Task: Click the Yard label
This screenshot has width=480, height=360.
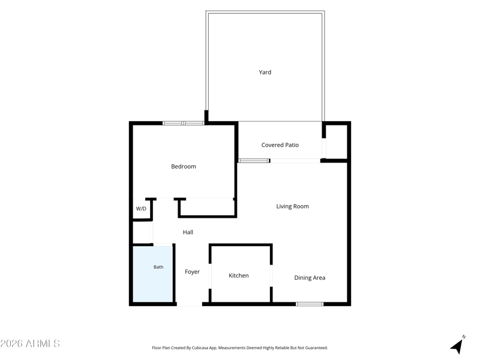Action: point(265,72)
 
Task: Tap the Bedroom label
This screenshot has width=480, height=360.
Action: point(184,167)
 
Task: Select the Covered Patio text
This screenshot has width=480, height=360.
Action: point(280,145)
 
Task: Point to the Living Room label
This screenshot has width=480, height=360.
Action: point(292,206)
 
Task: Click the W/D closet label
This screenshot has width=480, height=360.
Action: point(141,209)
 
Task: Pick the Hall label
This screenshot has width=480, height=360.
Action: point(188,232)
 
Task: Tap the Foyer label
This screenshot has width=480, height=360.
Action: point(192,272)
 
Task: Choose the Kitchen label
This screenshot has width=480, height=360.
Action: point(238,275)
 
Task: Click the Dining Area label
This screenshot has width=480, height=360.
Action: point(310,278)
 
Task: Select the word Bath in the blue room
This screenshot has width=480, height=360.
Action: point(158,267)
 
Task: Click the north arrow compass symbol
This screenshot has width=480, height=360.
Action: point(458,346)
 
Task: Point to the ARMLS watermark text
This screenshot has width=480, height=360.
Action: point(30,343)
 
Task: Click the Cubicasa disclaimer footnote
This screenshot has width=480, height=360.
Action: point(239,348)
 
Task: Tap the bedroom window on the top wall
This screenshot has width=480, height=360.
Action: point(183,124)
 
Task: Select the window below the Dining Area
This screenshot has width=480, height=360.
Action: point(310,304)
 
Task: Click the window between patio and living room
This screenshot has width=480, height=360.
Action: point(254,161)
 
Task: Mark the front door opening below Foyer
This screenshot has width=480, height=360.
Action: point(190,304)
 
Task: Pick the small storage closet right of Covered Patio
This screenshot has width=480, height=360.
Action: point(336,142)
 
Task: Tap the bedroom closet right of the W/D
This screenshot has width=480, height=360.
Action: point(207,208)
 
